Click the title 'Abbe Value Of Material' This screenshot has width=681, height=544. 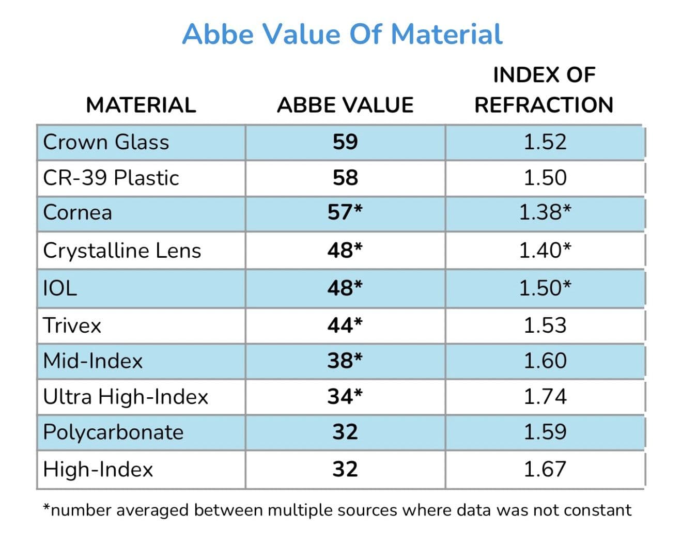[342, 34]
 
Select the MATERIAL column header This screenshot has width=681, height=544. [141, 105]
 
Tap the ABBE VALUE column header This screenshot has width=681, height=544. [345, 105]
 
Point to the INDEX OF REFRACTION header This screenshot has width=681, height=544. [544, 90]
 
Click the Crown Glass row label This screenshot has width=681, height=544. [106, 142]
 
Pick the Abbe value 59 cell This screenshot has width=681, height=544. [345, 142]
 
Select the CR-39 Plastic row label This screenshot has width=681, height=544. [111, 178]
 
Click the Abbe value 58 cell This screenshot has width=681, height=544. [345, 178]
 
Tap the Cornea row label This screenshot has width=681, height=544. [78, 213]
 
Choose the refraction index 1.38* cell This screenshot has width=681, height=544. [545, 213]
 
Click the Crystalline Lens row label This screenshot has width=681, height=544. [122, 251]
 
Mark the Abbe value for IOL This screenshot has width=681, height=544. [345, 288]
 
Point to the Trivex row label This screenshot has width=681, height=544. [72, 325]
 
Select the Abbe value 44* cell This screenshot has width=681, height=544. [345, 325]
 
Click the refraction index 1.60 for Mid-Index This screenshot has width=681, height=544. [545, 361]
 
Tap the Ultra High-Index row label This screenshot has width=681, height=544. [126, 397]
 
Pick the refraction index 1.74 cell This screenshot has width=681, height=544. [545, 397]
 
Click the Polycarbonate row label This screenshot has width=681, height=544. [113, 432]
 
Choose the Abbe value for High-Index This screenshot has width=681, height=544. [345, 470]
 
